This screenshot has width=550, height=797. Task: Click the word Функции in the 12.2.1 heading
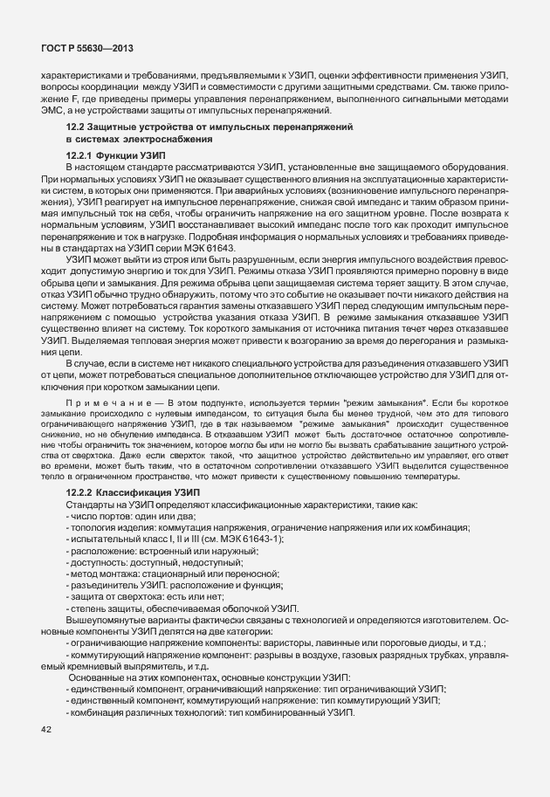point(124,155)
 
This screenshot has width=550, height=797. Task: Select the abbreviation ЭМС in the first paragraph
point(54,111)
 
